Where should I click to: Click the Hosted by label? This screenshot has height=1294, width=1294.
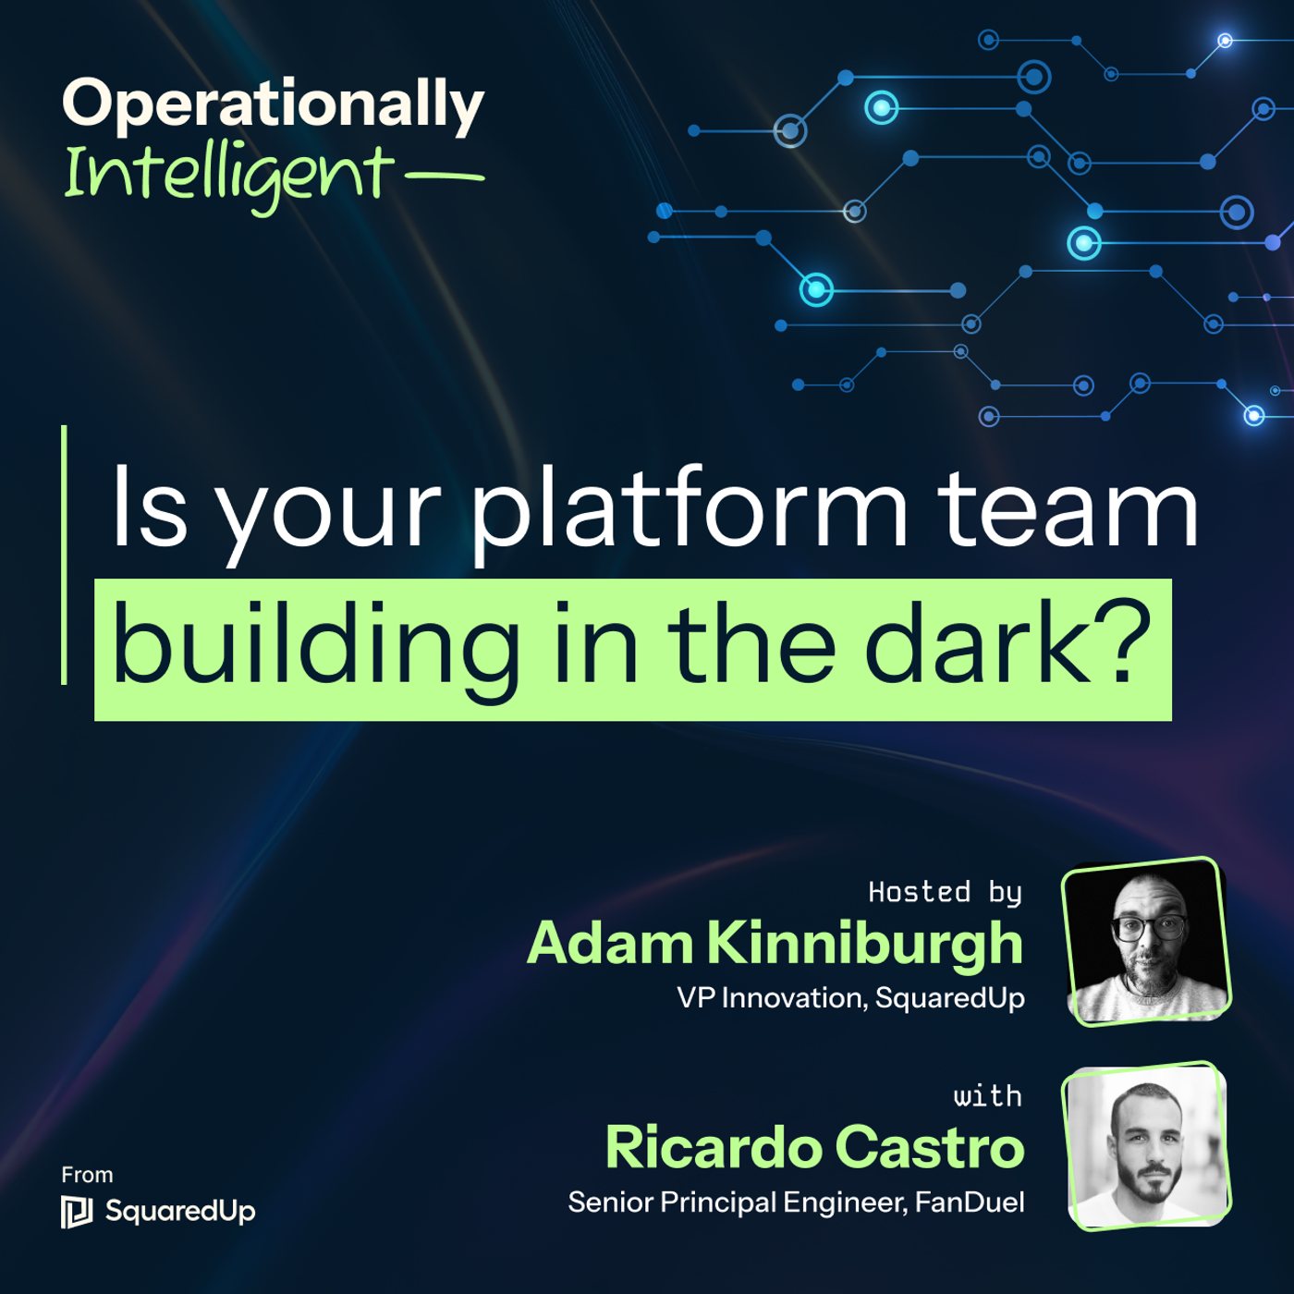[945, 892]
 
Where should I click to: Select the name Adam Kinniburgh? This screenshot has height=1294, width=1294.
[775, 944]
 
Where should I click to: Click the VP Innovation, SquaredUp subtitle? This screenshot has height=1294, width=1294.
[850, 998]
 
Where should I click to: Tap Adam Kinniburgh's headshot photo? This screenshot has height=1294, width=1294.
[1147, 942]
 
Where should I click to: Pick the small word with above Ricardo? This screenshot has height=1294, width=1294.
[987, 1096]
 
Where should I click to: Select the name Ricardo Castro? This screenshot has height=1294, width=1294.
[814, 1147]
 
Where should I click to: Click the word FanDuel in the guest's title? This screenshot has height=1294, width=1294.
[970, 1202]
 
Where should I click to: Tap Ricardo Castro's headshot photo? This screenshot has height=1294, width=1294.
[1147, 1146]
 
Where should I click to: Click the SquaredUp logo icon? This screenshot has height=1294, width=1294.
[77, 1212]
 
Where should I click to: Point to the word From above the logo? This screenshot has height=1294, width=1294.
[87, 1175]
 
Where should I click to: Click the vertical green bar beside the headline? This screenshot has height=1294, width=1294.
[64, 555]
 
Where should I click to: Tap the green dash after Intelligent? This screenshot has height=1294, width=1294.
[445, 176]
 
